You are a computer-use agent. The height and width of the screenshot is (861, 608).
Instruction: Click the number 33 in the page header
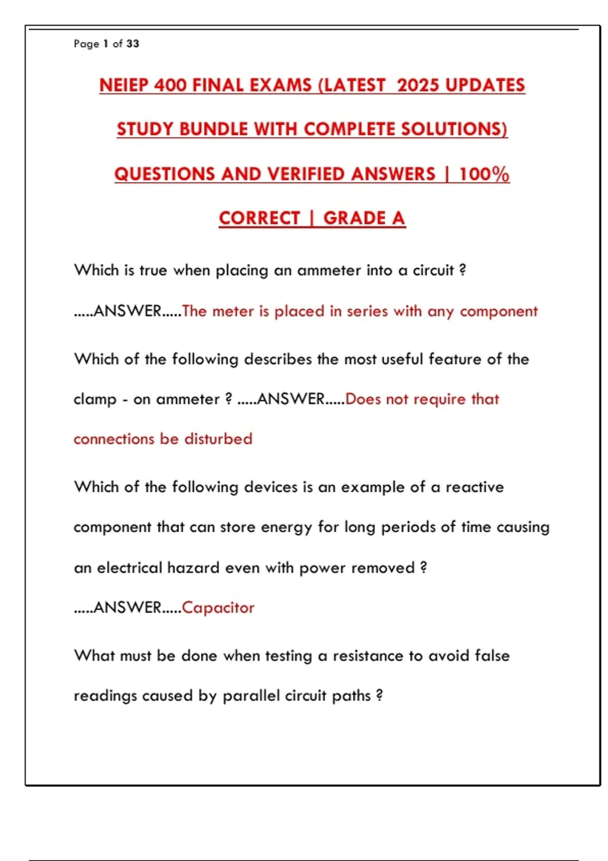click(133, 44)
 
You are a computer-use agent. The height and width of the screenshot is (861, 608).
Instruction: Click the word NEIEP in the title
click(124, 85)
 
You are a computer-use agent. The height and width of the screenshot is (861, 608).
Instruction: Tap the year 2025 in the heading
click(419, 85)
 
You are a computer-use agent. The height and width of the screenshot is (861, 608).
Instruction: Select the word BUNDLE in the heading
click(213, 129)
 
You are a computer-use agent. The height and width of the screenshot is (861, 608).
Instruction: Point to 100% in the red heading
click(484, 174)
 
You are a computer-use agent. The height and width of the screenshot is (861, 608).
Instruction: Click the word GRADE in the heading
click(355, 218)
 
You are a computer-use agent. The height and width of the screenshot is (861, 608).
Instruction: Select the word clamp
click(95, 400)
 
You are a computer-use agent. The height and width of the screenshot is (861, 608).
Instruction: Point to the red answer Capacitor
click(218, 607)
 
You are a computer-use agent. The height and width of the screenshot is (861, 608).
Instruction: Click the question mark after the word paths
click(379, 695)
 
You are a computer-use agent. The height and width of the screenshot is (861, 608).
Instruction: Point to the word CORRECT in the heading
click(259, 218)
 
